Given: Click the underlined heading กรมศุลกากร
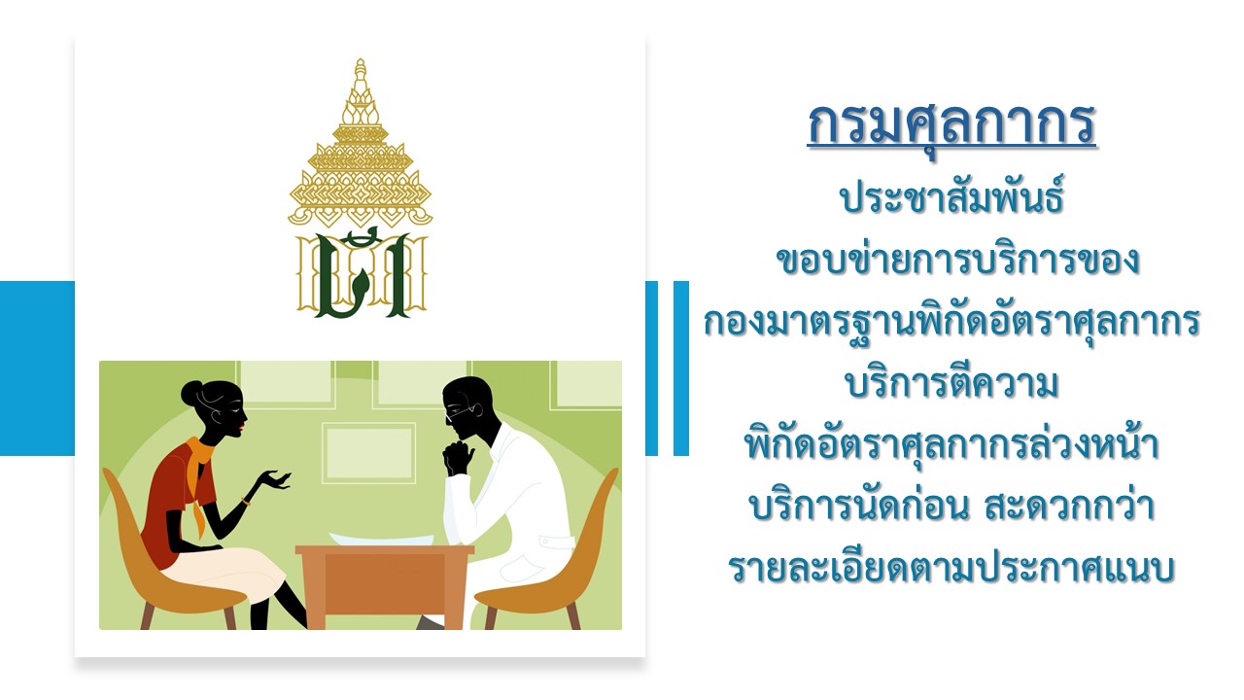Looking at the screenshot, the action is [x=951, y=125].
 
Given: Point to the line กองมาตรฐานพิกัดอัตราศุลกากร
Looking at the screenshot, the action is [x=951, y=321].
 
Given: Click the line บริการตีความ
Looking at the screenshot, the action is [x=951, y=383].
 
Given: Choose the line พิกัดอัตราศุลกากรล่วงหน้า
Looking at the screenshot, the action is [x=951, y=444].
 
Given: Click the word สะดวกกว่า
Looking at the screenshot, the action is [x=1070, y=506].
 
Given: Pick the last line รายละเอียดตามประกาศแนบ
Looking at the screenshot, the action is [x=951, y=568].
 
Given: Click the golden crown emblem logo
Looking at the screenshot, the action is [x=361, y=189].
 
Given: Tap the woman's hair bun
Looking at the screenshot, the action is [x=191, y=392].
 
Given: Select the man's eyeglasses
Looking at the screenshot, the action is [x=462, y=411].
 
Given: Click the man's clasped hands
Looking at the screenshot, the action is [x=458, y=457].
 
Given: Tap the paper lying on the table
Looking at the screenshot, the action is [x=382, y=539].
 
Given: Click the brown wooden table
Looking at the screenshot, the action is [x=384, y=586].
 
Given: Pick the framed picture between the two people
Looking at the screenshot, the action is [x=368, y=453].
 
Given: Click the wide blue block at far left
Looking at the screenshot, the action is [x=37, y=368].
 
